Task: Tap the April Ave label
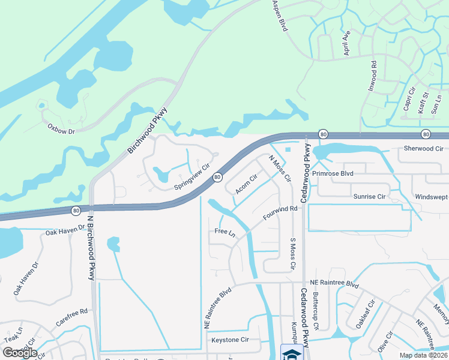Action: click(346, 44)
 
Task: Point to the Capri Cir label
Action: click(409, 101)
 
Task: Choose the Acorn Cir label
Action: click(246, 184)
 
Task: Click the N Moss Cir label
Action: click(279, 169)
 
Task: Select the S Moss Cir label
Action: click(293, 253)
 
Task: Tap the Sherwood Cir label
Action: click(423, 148)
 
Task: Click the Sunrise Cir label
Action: click(369, 196)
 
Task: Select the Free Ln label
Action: click(224, 232)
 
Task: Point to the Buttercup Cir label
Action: click(315, 311)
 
